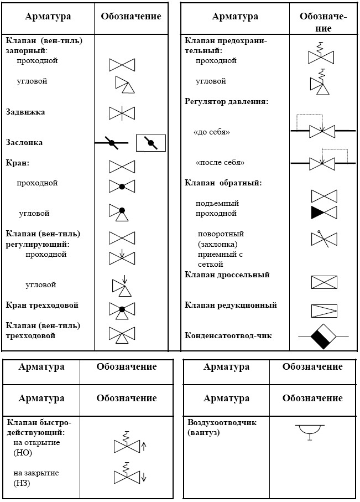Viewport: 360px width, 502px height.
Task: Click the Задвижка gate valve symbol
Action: pos(122,113)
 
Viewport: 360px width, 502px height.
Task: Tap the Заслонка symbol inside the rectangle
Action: pos(151,143)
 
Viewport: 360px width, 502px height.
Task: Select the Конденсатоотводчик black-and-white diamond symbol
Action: pos(323,337)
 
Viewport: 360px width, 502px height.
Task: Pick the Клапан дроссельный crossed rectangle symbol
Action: pos(324,282)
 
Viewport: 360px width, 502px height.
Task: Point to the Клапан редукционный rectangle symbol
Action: pos(324,311)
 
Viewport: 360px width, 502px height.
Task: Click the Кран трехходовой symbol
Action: pos(122,310)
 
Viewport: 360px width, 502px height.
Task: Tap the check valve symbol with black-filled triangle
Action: pos(324,213)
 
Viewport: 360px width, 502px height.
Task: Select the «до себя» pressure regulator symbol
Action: pos(323,126)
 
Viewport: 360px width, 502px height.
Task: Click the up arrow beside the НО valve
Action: pos(144,446)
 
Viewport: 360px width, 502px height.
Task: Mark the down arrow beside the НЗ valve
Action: pos(144,477)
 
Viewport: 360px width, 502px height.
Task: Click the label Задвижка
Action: pos(25,112)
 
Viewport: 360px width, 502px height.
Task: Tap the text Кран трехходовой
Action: pos(42,305)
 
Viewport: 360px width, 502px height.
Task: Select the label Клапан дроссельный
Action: pos(227,275)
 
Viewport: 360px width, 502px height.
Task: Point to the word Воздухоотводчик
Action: pos(222,423)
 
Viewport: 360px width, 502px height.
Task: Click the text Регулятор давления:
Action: pos(227,101)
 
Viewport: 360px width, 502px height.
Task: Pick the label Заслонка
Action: pos(24,142)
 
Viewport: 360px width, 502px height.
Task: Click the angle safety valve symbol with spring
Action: pos(320,82)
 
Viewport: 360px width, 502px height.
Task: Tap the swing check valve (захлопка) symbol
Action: pos(324,239)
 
